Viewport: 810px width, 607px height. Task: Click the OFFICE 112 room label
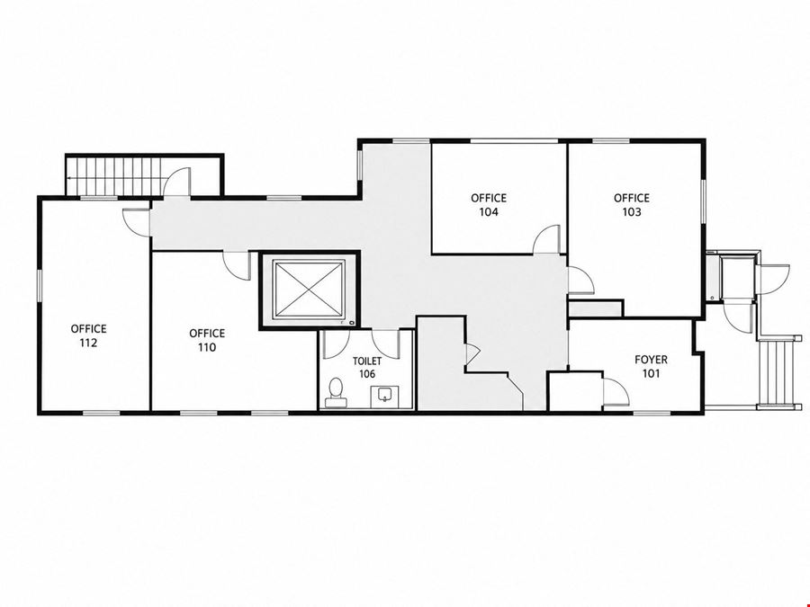(x=88, y=335)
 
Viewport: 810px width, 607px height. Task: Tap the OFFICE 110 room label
(x=207, y=340)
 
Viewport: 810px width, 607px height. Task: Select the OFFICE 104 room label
(x=488, y=204)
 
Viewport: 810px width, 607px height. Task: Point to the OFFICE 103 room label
(x=631, y=204)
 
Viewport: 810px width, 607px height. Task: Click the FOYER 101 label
(x=651, y=366)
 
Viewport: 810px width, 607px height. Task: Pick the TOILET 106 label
(x=367, y=367)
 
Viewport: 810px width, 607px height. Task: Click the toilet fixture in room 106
(x=335, y=391)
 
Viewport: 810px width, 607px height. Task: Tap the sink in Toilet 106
(x=384, y=395)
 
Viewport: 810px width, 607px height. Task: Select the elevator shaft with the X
(x=309, y=290)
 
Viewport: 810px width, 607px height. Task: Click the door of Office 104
(x=546, y=239)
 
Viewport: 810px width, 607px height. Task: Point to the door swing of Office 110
(x=237, y=265)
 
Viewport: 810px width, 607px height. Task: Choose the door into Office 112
(x=137, y=221)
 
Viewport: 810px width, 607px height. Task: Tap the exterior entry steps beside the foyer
(x=776, y=372)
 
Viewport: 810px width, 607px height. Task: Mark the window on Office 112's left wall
(x=39, y=285)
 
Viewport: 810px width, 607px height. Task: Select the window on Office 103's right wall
(x=703, y=201)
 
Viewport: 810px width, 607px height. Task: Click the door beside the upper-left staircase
(x=176, y=183)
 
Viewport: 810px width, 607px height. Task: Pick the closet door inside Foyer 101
(x=615, y=391)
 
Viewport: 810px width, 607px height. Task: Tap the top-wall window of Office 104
(x=514, y=140)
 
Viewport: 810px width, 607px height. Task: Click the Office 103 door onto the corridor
(x=580, y=281)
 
